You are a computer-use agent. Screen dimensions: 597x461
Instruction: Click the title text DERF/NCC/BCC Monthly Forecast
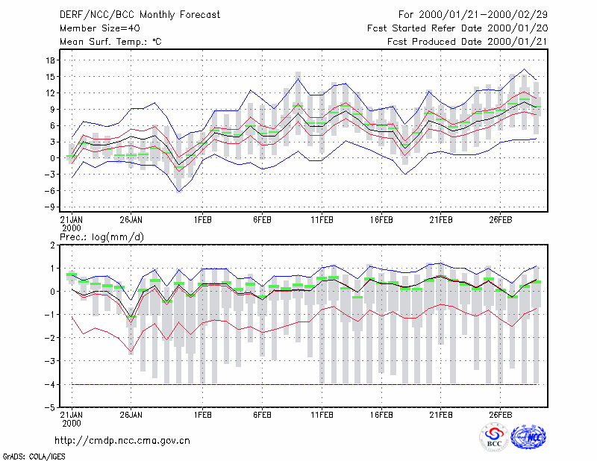point(140,15)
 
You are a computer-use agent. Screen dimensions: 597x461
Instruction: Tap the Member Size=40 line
point(100,28)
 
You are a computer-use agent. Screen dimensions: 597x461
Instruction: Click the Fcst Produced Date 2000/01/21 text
point(467,42)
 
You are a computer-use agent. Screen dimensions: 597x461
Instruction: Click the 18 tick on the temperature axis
point(51,60)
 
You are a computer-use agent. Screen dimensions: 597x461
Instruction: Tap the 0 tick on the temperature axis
point(52,158)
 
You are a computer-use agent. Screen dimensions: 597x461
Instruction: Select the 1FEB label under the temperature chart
point(202,220)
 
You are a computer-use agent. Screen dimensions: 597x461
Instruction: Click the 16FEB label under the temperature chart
point(381,220)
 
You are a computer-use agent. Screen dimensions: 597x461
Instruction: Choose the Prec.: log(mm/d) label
point(102,237)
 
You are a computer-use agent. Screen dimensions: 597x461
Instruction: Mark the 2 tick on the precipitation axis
point(52,245)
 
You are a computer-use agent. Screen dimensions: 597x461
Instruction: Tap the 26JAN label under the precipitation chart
point(131,415)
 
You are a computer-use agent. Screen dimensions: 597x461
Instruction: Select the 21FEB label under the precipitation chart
point(441,415)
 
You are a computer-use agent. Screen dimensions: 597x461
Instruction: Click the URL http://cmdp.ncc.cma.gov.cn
point(122,441)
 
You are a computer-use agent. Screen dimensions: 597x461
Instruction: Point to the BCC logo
point(494,437)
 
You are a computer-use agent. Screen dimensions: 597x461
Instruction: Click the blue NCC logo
point(528,437)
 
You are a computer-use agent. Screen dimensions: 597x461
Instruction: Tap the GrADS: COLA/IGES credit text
point(34,457)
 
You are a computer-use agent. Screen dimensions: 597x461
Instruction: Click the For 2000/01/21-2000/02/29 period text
point(473,15)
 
